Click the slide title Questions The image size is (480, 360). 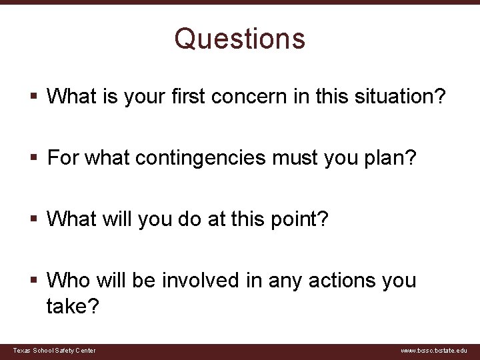pos(240,39)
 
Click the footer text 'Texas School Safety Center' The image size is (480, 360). pos(55,351)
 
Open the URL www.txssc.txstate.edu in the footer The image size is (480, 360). pos(434,351)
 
